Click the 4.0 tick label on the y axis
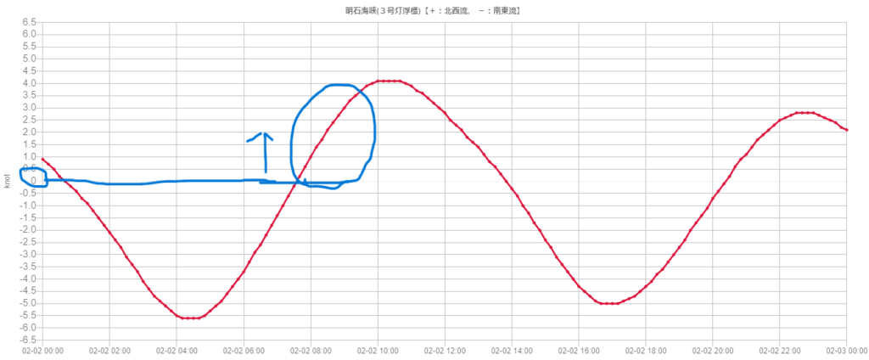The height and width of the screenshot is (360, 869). [x=30, y=82]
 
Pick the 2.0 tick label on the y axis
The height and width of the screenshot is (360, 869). [x=30, y=132]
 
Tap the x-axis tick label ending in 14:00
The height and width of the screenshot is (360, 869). [x=513, y=350]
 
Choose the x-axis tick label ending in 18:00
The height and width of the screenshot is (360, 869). [x=648, y=350]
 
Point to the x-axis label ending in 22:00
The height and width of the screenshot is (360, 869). [x=782, y=350]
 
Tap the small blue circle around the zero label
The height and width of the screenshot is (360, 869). [x=33, y=178]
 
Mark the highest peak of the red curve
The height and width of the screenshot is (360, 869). [x=389, y=81]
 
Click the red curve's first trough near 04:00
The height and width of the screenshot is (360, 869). [x=190, y=318]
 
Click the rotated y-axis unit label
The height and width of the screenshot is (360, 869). [x=8, y=180]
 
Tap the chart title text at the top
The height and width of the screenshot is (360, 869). [x=433, y=11]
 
